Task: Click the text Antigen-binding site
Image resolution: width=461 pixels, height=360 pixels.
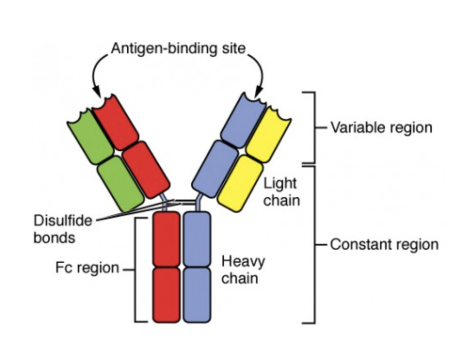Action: tap(179, 48)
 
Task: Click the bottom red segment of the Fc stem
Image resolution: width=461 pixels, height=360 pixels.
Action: tap(166, 295)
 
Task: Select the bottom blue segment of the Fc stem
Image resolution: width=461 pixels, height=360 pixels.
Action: tap(197, 295)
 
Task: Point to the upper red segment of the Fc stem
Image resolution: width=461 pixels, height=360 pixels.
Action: tap(166, 239)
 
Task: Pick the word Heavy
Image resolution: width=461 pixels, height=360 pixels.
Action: tap(243, 262)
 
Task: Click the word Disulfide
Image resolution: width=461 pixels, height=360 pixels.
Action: tap(63, 220)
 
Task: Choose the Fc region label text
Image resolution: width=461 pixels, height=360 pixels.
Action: tap(87, 268)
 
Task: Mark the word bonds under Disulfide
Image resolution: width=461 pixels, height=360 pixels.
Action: tap(54, 238)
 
